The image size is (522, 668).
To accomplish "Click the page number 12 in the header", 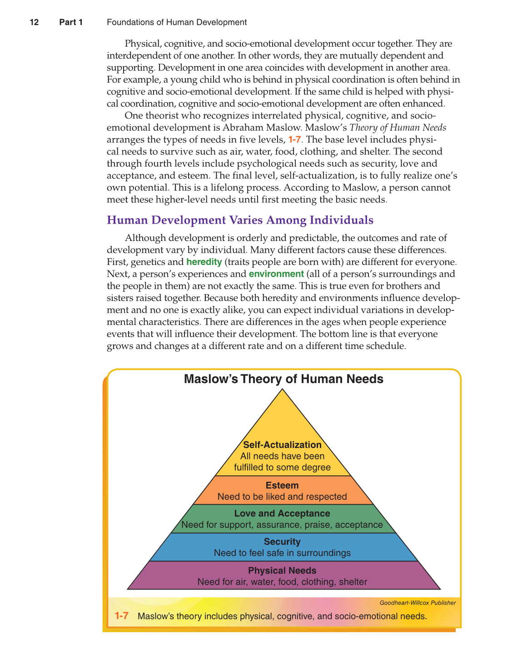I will (x=34, y=22).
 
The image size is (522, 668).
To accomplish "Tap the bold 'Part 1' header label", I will (x=71, y=22).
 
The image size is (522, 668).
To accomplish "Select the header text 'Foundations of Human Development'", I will (x=177, y=22).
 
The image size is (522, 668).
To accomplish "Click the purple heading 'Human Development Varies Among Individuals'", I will (x=240, y=220).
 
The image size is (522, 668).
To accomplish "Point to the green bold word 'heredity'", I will (x=204, y=262).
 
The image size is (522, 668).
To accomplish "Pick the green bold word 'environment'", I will (x=276, y=274).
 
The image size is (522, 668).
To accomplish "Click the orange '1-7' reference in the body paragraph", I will (x=294, y=139).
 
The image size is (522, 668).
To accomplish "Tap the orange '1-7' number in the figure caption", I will (x=121, y=616).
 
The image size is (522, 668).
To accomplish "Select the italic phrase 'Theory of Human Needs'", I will (x=398, y=128).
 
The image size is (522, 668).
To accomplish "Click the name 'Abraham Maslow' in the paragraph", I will (x=262, y=128).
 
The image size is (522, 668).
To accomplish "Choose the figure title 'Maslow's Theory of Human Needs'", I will (x=283, y=379).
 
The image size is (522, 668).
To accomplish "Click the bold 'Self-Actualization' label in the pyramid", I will (x=282, y=445).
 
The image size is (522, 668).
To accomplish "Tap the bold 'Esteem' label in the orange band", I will (x=282, y=485).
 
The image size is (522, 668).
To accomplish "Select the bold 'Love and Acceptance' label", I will (x=282, y=513).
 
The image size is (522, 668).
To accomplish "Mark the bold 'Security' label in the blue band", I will (x=282, y=541).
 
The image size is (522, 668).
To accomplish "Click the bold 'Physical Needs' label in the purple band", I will (x=282, y=570).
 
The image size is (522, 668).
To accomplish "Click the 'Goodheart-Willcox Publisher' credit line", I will (x=418, y=603).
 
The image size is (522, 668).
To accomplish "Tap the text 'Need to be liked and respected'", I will (x=282, y=496).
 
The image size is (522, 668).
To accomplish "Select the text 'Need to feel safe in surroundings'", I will (x=282, y=553).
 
